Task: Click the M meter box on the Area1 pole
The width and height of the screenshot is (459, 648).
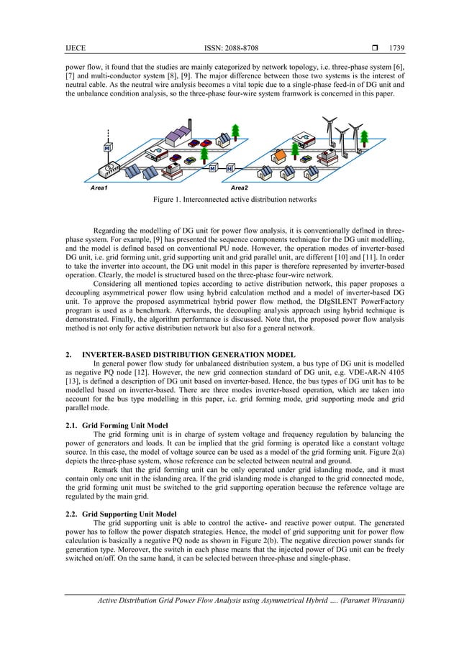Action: coord(106,149)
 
